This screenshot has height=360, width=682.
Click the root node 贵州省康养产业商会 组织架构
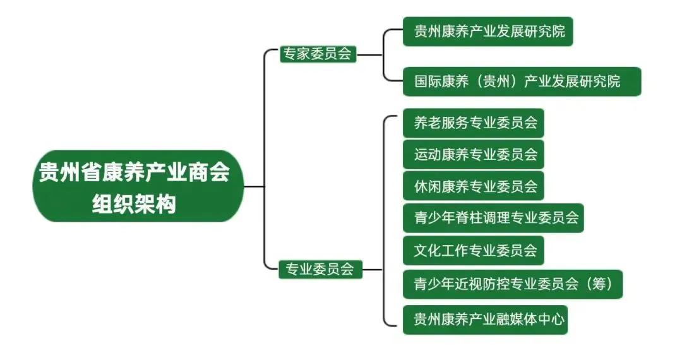coord(138,186)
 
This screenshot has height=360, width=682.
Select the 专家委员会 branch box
coord(318,54)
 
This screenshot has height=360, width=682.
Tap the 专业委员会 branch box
coord(320,270)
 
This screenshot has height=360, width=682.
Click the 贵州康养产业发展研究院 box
coord(488,31)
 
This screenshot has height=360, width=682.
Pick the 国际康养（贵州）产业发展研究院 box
coord(522,81)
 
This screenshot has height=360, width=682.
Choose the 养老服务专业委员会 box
coord(473,123)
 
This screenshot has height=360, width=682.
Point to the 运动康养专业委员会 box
coord(473,153)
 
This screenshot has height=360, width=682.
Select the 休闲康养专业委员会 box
coord(473,186)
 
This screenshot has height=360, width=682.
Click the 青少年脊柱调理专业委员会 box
coord(493,219)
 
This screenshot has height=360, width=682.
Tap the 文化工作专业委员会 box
coord(473,251)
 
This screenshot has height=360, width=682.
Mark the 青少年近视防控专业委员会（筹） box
coord(513,284)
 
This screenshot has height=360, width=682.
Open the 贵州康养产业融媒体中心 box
coord(485,319)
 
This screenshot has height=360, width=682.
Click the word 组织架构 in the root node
coord(134,204)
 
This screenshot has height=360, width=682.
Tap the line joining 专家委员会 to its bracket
coord(370,55)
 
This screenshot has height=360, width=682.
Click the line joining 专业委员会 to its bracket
coord(373,270)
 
